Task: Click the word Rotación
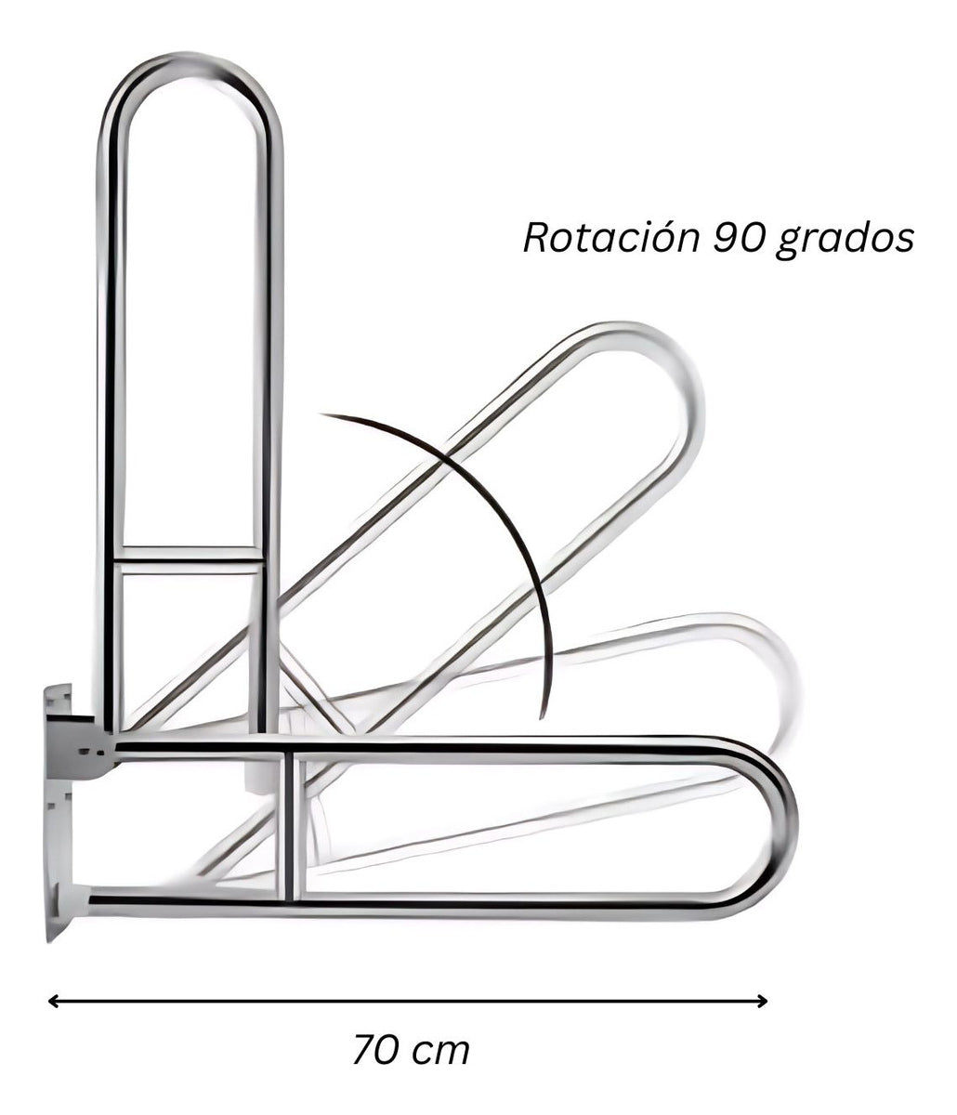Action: (x=610, y=238)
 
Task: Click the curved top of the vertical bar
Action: (x=190, y=70)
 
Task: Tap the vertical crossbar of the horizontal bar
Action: (x=291, y=822)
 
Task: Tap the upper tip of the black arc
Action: (x=323, y=415)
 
